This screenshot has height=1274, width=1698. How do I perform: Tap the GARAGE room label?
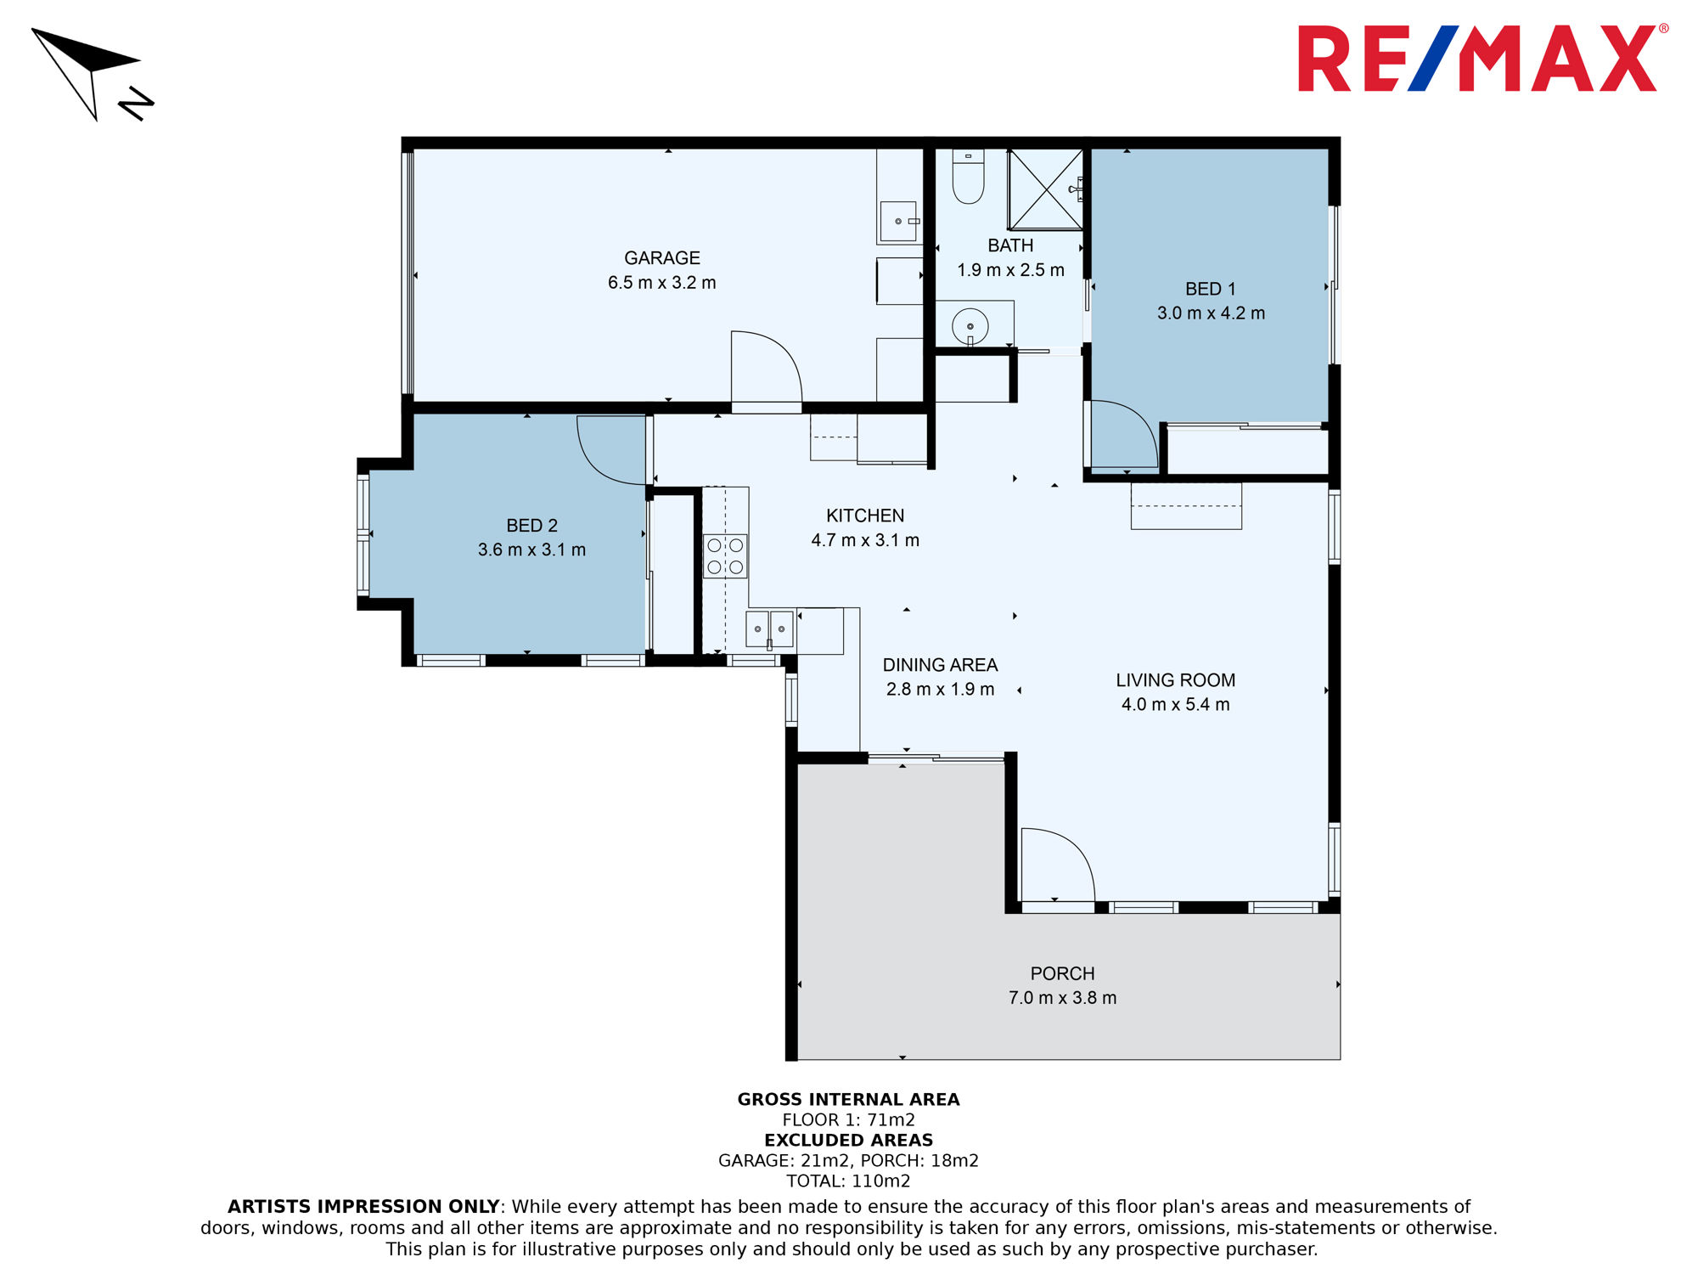(662, 258)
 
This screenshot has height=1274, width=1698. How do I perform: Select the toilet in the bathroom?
(968, 177)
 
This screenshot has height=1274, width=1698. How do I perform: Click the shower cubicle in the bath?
(1045, 189)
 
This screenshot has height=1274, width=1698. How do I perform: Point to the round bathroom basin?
(970, 326)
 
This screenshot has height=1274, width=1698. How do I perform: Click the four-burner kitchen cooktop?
(725, 556)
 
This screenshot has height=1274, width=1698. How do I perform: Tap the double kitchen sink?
(769, 629)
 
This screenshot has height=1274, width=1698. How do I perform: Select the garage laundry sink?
(898, 222)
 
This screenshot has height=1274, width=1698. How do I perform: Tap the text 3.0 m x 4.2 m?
(1211, 313)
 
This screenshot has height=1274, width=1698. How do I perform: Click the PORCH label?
(1062, 974)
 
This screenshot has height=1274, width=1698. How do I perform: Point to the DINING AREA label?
(940, 665)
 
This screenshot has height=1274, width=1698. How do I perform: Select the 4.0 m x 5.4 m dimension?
(1175, 704)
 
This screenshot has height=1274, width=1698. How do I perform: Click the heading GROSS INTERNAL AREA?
(848, 1100)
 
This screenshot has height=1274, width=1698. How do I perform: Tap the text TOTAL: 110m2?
(848, 1181)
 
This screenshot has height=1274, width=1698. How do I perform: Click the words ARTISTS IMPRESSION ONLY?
(363, 1207)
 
